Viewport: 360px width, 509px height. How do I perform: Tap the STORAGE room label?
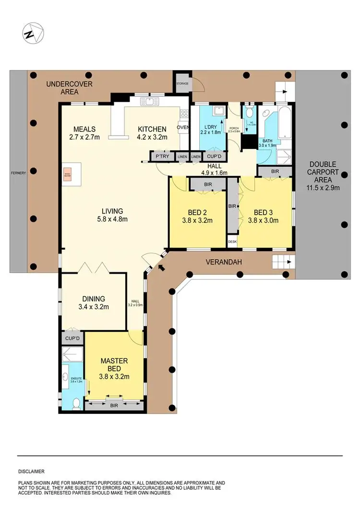click(x=182, y=83)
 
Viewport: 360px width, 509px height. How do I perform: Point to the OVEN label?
click(x=183, y=128)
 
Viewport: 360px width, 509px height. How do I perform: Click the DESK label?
click(x=232, y=242)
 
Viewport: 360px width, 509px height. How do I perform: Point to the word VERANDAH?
click(x=224, y=262)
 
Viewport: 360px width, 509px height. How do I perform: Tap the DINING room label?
click(x=93, y=299)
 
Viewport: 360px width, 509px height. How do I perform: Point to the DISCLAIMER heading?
click(x=32, y=472)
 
